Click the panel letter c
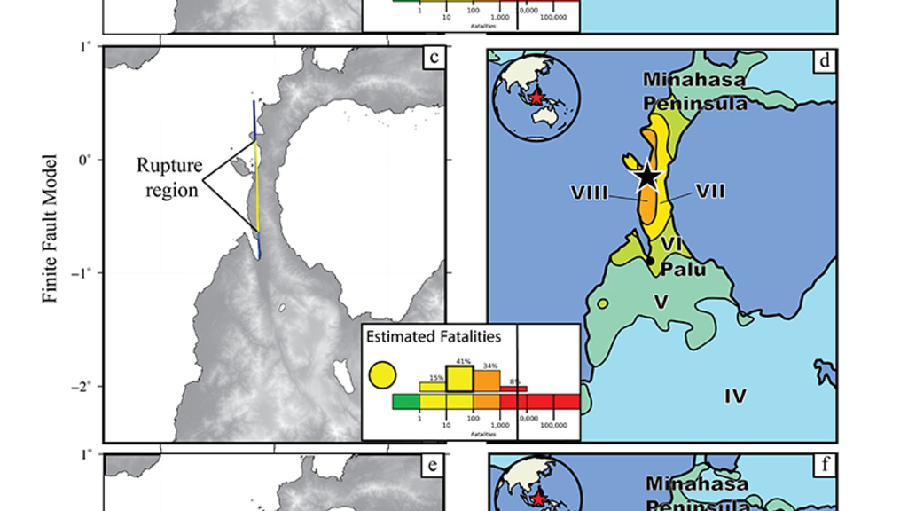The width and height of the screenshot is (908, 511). click(434, 59)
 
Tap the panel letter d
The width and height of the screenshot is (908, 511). click(824, 61)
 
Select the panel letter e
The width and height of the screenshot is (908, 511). click(434, 467)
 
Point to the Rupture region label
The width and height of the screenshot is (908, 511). click(169, 177)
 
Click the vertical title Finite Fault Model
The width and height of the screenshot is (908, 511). click(51, 229)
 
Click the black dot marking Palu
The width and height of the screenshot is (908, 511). click(650, 260)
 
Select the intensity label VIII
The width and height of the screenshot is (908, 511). click(590, 192)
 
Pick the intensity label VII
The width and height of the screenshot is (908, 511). click(710, 190)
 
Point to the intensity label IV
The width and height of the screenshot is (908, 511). click(735, 396)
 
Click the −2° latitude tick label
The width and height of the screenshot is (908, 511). click(84, 387)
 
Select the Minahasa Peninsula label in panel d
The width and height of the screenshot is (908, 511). click(694, 90)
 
